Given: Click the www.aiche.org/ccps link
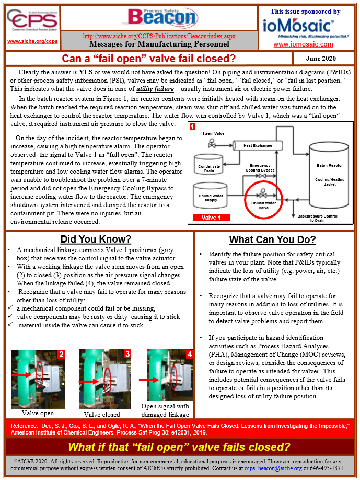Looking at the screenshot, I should [32, 41].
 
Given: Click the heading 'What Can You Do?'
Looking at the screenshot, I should [272, 240].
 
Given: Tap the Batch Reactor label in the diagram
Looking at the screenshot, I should [330, 165].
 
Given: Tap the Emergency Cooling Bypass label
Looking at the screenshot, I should [260, 167].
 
